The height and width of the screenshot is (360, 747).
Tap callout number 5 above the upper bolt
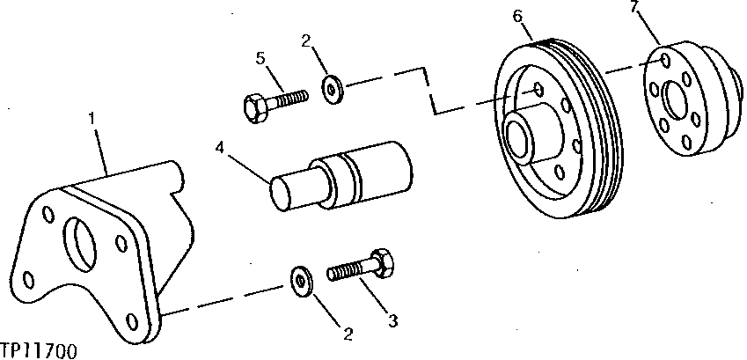click(x=260, y=59)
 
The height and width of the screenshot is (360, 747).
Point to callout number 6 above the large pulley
click(x=517, y=17)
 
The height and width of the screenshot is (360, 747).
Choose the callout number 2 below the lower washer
click(x=348, y=334)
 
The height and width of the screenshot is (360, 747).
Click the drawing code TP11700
click(x=39, y=350)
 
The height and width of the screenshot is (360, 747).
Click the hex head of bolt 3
click(x=384, y=261)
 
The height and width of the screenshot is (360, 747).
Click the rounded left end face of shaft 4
click(x=282, y=193)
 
